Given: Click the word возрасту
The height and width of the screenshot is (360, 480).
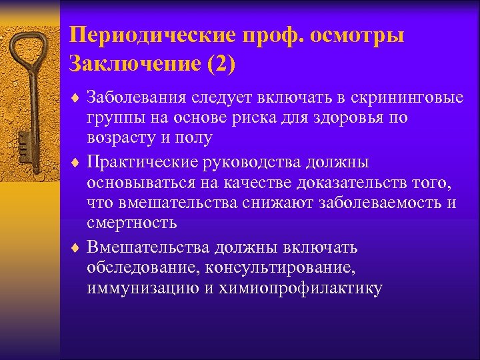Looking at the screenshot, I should (118, 138).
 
